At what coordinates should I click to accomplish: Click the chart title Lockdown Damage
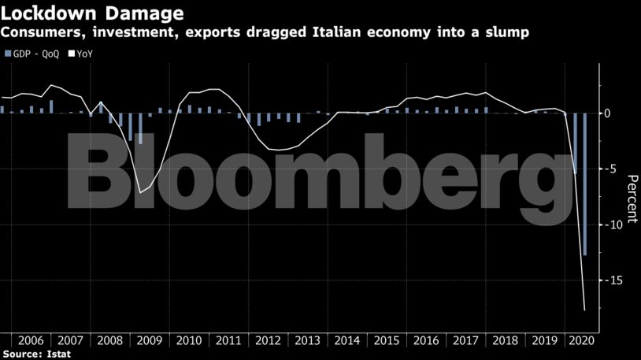pos(93,13)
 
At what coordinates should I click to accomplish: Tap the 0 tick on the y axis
pos(607,113)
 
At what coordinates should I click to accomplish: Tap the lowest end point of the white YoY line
pos(585,310)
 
